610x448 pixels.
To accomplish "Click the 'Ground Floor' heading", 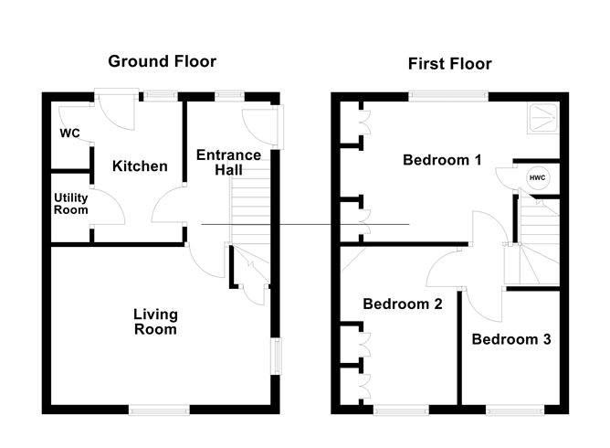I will coord(163,61).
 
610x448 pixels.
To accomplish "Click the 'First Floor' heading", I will coord(448,63).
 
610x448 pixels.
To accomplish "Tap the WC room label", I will coord(69,133).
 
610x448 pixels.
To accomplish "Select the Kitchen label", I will coord(140,166).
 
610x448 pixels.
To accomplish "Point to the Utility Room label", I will coord(70,203).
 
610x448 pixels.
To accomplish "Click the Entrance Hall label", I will coord(228,163).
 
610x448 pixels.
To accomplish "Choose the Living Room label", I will coord(155,322).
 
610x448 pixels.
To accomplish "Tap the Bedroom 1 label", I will coord(442,160).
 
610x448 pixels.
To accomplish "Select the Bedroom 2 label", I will coord(402,304).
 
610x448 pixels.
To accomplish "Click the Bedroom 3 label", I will coord(510,339).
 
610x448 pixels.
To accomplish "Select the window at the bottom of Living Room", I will coord(159,409).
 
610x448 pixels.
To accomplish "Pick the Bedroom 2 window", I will coord(402,409).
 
